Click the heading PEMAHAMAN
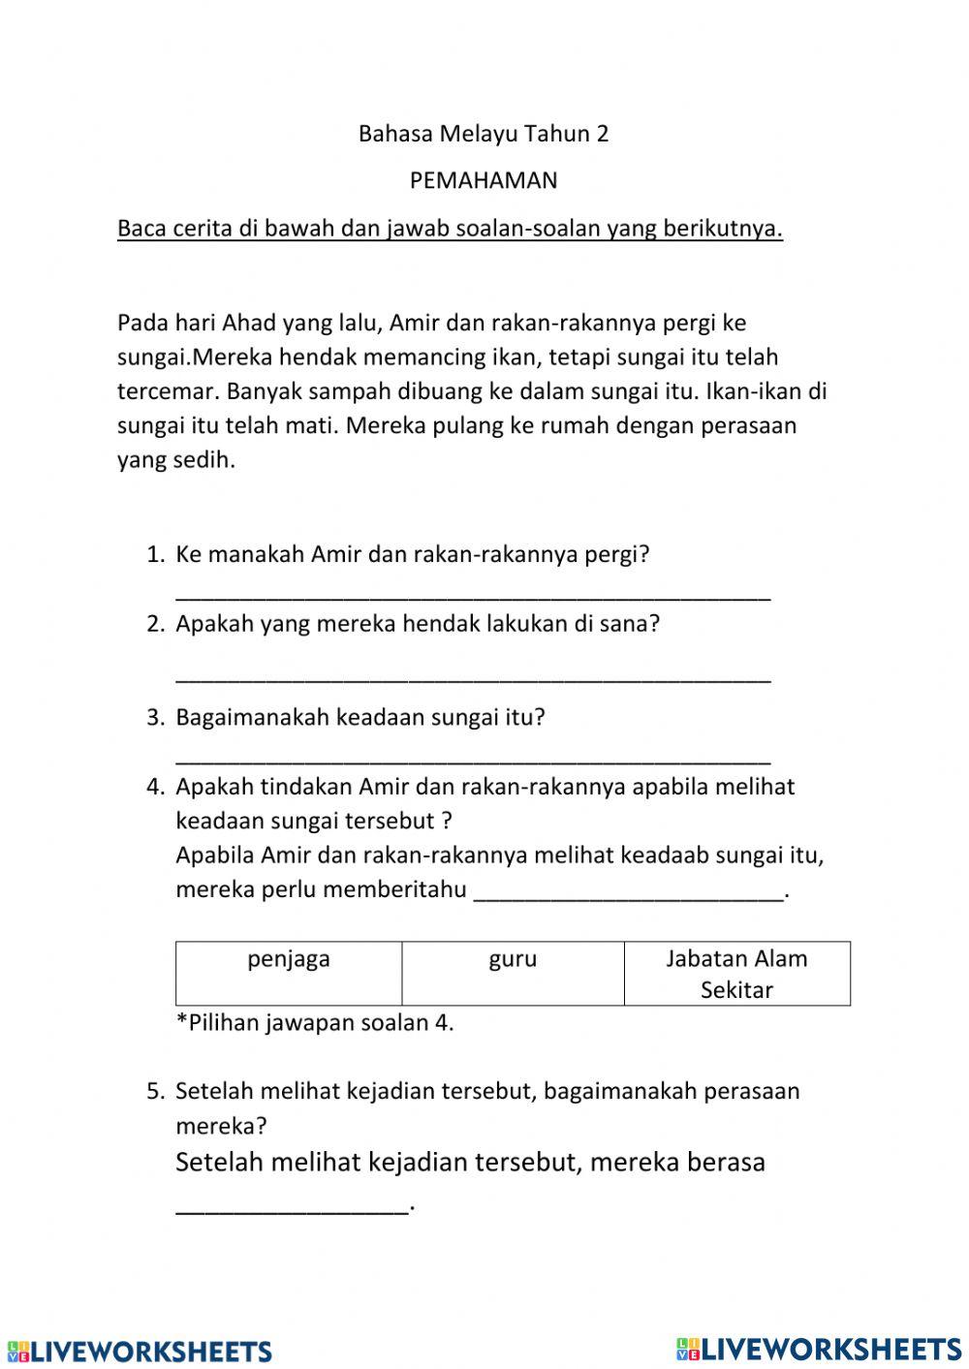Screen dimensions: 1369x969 point(484,180)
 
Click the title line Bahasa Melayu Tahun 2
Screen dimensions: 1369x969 point(484,134)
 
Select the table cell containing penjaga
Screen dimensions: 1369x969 point(289,972)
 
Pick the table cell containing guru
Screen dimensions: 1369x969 point(513,972)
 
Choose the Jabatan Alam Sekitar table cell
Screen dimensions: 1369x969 point(736,974)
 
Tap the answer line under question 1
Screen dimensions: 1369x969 point(473,595)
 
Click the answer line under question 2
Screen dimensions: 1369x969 point(473,676)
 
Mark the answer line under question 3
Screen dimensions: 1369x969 point(473,758)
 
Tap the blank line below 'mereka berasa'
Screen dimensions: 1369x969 point(292,1205)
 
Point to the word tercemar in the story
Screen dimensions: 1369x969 point(160,391)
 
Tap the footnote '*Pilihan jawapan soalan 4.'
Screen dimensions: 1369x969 point(315,1023)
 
